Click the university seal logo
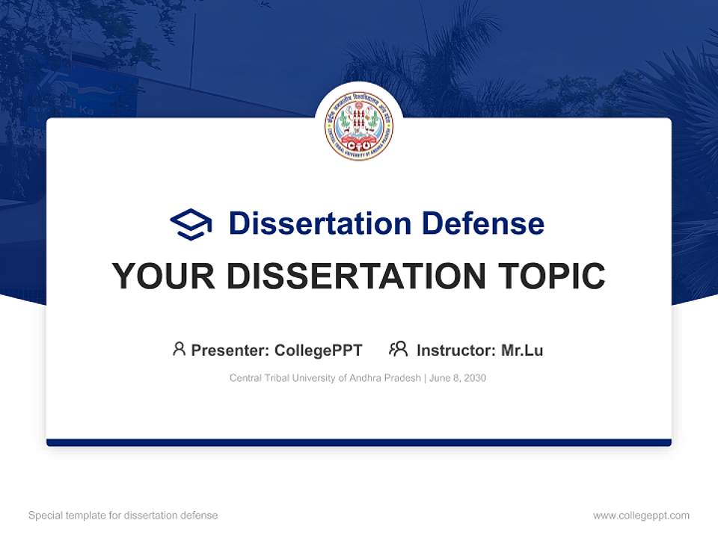click(x=359, y=126)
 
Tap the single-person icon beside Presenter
click(x=179, y=349)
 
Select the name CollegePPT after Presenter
click(x=319, y=350)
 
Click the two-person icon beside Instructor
click(x=399, y=349)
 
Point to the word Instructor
click(x=455, y=350)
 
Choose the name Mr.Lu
click(x=522, y=350)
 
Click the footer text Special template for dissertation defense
click(x=123, y=516)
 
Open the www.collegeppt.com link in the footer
click(x=641, y=516)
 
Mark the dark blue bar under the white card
click(x=359, y=442)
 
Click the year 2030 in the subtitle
click(x=474, y=378)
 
